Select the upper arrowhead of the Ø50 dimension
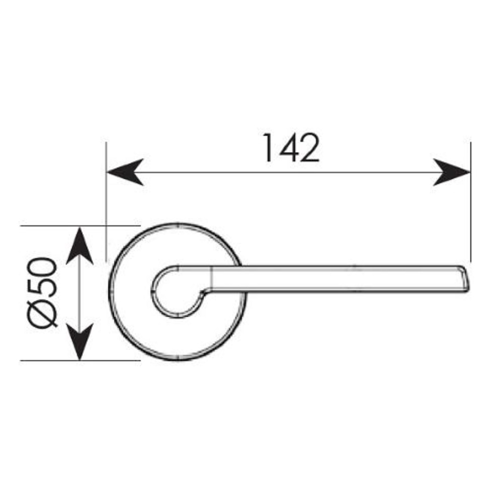79,244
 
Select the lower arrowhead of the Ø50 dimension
79,342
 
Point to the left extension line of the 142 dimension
107,201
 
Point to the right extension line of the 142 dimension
470,201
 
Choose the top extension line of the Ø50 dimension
80,226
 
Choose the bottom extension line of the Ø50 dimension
80,360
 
